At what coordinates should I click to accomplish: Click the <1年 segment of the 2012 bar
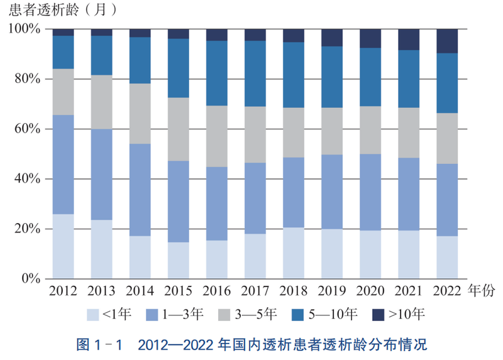pyautogui.click(x=63, y=246)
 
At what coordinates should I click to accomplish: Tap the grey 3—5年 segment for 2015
pyautogui.click(x=178, y=129)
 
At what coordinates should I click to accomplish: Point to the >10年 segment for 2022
pyautogui.click(x=447, y=41)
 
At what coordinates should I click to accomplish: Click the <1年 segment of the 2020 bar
pyautogui.click(x=370, y=254)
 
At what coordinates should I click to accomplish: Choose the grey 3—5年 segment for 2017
pyautogui.click(x=255, y=134)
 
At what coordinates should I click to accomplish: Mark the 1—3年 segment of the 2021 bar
pyautogui.click(x=409, y=194)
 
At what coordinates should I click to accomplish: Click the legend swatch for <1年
pyautogui.click(x=93, y=314)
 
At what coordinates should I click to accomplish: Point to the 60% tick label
pyautogui.click(x=26, y=129)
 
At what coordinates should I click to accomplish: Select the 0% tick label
pyautogui.click(x=30, y=279)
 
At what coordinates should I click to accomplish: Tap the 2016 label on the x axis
pyautogui.click(x=216, y=291)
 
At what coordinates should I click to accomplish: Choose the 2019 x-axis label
pyautogui.click(x=332, y=291)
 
